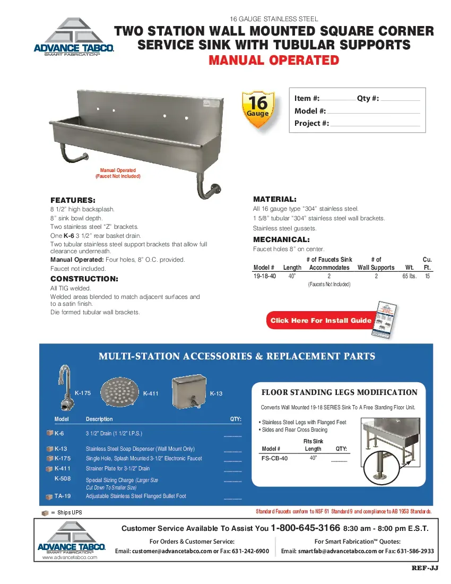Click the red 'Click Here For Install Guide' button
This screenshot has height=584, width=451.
pos(320,320)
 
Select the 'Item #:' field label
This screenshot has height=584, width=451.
pos(307,98)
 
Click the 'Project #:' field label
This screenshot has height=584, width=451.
pos(311,123)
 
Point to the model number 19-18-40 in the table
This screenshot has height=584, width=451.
pos(264,277)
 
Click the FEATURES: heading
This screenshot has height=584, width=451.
pos(73,200)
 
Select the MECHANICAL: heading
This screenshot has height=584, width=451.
pos(281,239)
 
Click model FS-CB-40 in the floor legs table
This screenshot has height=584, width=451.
pos(275,458)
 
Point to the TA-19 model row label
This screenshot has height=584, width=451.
pos(62,496)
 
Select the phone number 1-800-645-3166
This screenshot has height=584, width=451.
pos(305,528)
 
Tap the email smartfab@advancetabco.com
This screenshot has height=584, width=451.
pos(328,551)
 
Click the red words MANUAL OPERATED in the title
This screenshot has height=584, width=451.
pos(274,60)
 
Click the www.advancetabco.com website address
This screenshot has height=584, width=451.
pos(70,557)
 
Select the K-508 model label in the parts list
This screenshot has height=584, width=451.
pos(62,478)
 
